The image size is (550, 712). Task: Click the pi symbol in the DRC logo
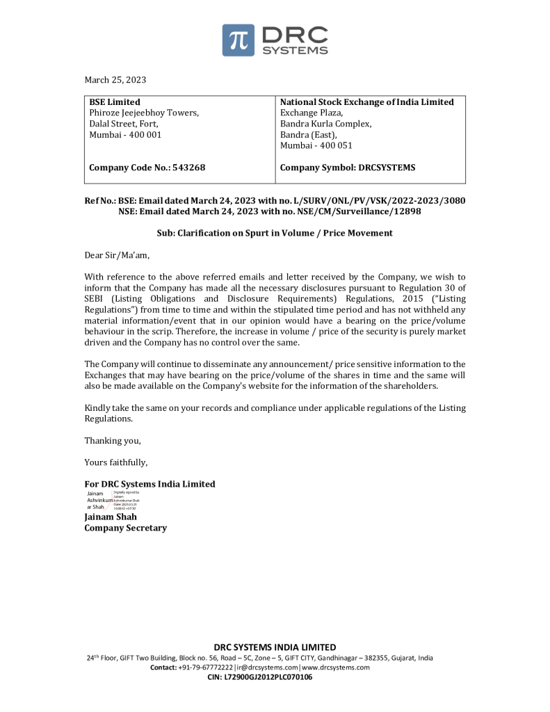coord(238,40)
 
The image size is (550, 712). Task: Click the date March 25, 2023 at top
coord(115,80)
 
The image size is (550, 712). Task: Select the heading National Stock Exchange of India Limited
coord(366,102)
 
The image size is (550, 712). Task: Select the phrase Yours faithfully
coord(115,462)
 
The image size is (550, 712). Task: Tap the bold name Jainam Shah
coord(111,517)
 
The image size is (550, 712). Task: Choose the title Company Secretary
coord(125,528)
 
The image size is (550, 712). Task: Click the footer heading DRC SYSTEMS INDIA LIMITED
coord(275,647)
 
